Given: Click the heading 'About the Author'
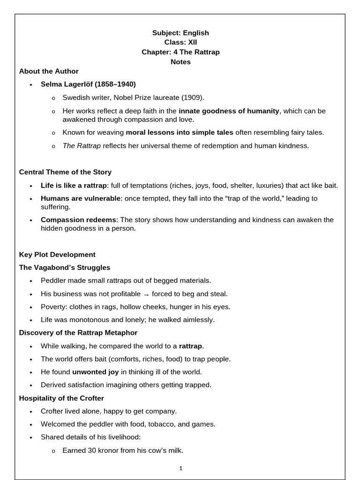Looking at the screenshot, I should coord(49,71).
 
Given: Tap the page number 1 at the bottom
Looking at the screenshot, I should coord(180,468).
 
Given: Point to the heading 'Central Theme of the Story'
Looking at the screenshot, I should coord(65,172).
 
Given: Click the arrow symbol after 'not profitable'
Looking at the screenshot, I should coord(146,294).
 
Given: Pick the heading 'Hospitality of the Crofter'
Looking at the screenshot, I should coord(61,398).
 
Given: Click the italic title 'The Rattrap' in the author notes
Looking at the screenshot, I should coord(82,146).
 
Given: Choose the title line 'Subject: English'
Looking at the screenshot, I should coord(180,33).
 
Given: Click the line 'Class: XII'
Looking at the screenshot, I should coord(180,42).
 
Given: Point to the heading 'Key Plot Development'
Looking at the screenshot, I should coord(57,255).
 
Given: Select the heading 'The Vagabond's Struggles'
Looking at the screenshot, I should coord(65,268).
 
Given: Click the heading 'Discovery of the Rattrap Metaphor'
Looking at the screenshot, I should coord(78,333).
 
